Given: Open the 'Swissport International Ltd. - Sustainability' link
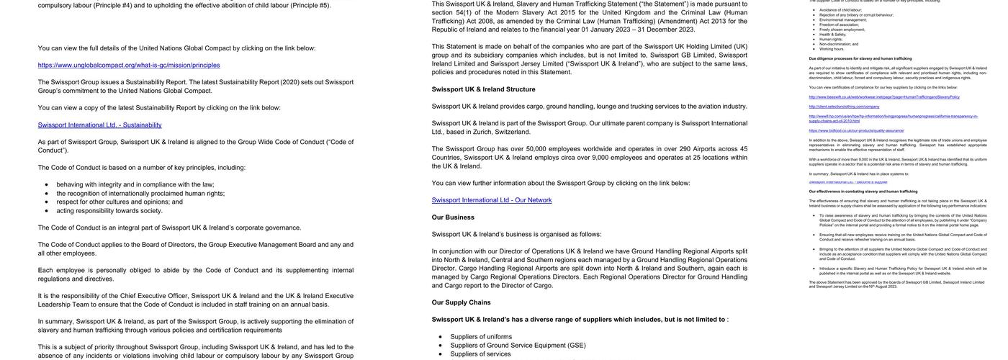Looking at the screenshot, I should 99,125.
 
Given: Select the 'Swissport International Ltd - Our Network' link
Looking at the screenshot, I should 492,200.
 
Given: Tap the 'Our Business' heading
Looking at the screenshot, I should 453,217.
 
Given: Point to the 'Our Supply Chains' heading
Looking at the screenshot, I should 461,302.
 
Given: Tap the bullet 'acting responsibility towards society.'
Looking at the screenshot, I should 109,210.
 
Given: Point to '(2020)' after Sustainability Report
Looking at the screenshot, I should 289,82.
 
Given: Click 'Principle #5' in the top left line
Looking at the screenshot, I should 310,5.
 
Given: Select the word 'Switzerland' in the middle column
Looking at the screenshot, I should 512,132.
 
